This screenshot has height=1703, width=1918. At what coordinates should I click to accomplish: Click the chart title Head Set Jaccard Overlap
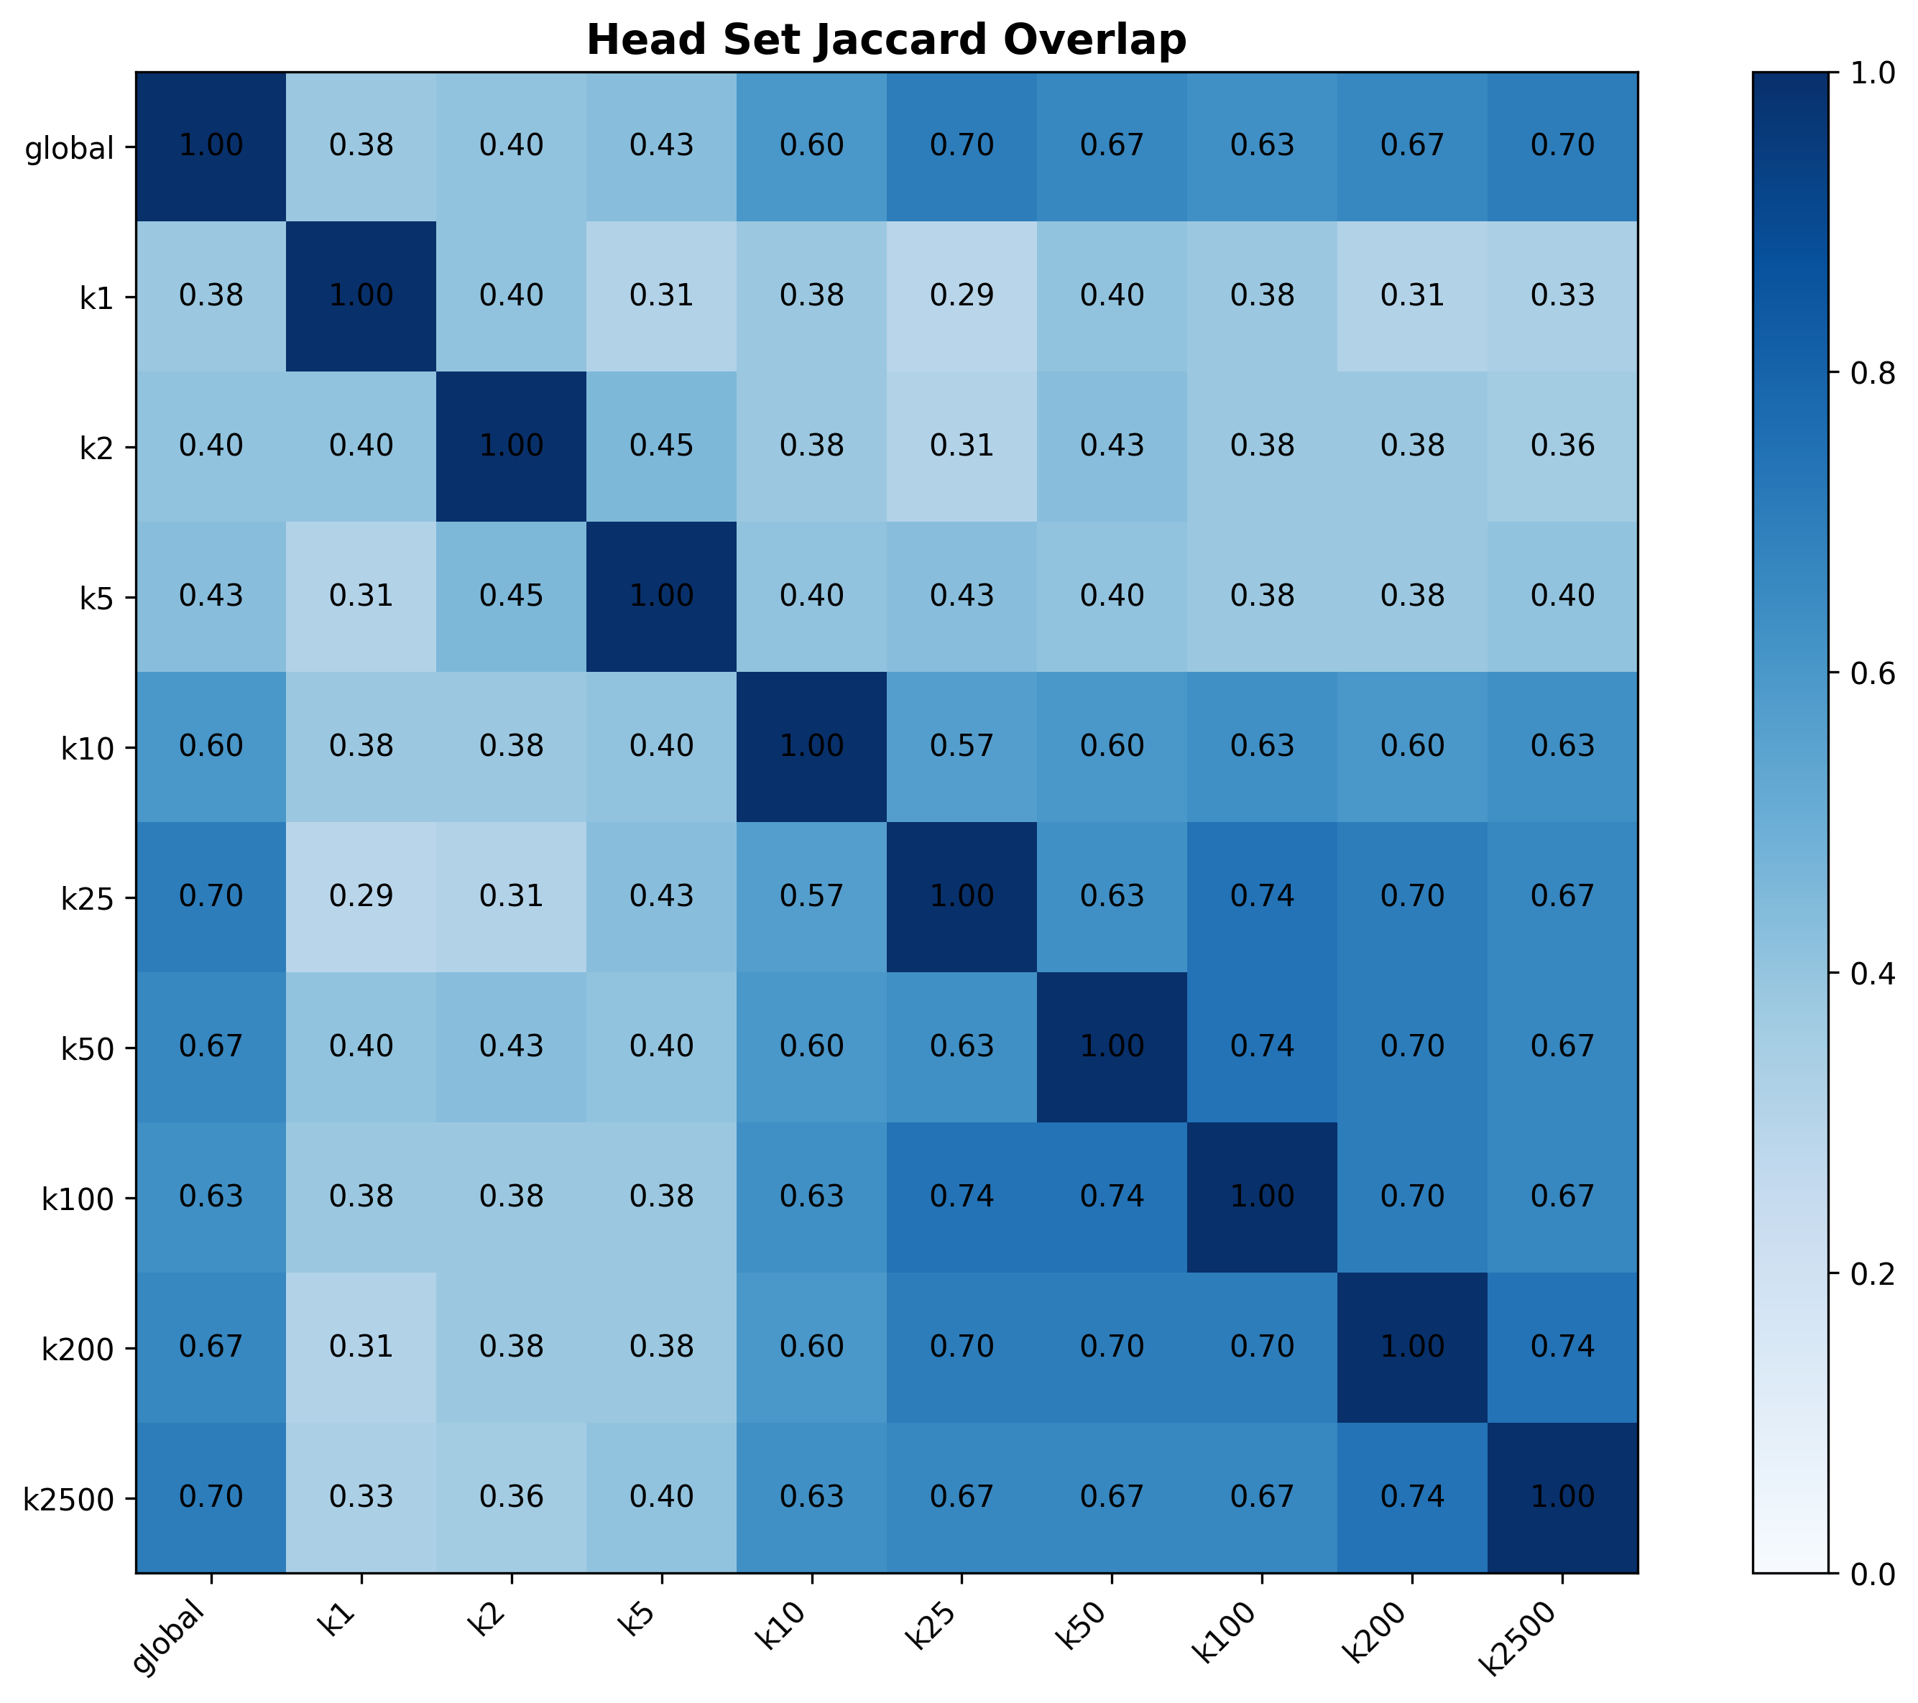click(x=886, y=40)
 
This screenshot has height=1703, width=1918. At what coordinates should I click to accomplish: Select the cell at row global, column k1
click(x=361, y=147)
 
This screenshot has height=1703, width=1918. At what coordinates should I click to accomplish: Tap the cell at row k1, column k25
click(x=962, y=297)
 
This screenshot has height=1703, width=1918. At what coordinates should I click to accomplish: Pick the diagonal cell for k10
click(x=811, y=747)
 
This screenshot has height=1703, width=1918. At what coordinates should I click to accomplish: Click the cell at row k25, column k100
click(x=1262, y=897)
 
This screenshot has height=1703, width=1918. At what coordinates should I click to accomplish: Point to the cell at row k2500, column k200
click(x=1412, y=1497)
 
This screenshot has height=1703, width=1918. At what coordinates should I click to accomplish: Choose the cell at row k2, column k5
click(x=662, y=447)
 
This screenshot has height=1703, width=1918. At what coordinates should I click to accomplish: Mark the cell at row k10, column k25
click(x=962, y=747)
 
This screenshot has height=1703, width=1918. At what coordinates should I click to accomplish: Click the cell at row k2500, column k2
click(x=512, y=1497)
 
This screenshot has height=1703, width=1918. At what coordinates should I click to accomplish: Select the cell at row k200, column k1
click(x=361, y=1347)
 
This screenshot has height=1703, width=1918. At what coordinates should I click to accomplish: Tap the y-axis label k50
click(x=87, y=1049)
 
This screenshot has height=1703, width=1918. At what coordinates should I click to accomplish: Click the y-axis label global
click(x=70, y=148)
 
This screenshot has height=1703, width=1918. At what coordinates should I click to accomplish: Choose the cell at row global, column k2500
click(x=1562, y=147)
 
